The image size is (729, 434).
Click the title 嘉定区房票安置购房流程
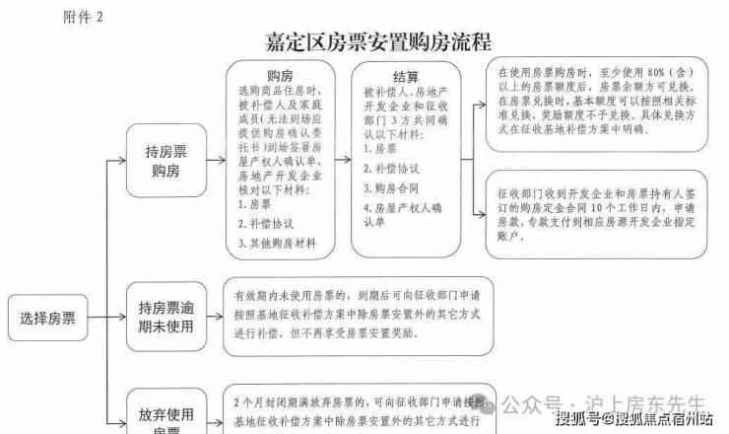click(378, 41)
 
